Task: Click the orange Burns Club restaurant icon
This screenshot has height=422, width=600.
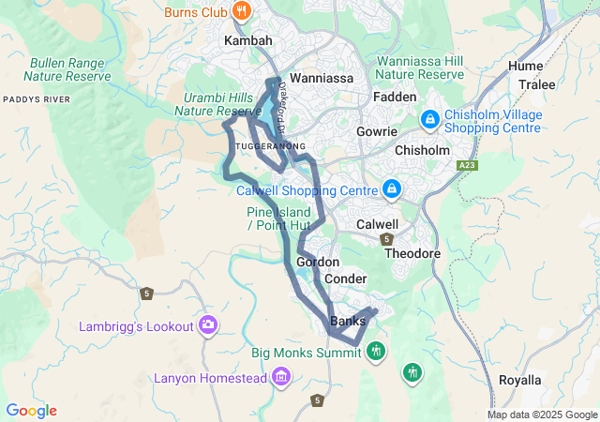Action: tap(242, 11)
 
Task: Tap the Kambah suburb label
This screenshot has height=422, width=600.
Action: tap(247, 42)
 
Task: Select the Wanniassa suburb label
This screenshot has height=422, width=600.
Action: tap(322, 79)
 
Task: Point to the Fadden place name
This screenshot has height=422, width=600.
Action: tap(394, 98)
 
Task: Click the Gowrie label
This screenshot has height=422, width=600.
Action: tap(377, 132)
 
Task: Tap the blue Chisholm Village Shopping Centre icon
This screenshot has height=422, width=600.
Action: tap(429, 119)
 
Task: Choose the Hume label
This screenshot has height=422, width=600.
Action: tap(525, 66)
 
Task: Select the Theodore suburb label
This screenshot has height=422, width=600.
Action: tap(412, 254)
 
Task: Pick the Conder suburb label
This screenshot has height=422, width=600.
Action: tap(345, 279)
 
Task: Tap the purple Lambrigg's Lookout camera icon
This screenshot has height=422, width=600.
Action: tap(208, 325)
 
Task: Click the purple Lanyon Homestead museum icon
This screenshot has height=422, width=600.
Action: tap(280, 378)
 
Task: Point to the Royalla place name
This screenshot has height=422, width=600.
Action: tap(519, 380)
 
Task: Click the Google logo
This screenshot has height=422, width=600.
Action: tap(31, 411)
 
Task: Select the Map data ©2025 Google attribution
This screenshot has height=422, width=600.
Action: tap(541, 414)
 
